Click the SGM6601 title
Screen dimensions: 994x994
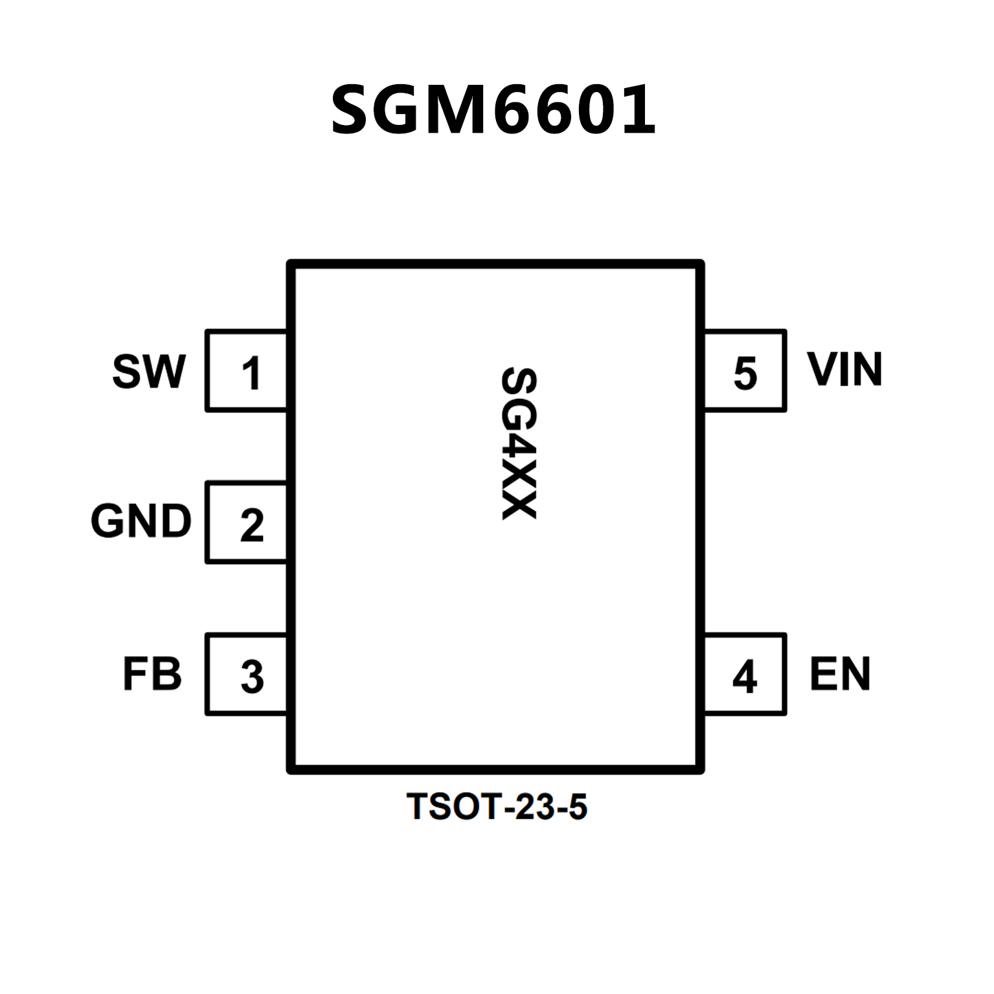click(493, 110)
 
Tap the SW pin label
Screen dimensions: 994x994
click(149, 372)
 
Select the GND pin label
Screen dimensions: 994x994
click(141, 521)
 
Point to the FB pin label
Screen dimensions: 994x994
click(152, 674)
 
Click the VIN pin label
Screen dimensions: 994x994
click(844, 370)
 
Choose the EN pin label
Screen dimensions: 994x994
click(840, 674)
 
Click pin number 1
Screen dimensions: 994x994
click(251, 374)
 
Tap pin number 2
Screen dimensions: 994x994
click(252, 525)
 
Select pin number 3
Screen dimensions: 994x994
click(252, 677)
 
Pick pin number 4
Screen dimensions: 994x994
click(745, 677)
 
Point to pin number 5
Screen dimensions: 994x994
click(745, 374)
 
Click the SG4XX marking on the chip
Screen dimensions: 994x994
click(518, 444)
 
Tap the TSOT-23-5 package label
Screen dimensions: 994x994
click(497, 807)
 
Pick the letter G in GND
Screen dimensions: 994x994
click(107, 521)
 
